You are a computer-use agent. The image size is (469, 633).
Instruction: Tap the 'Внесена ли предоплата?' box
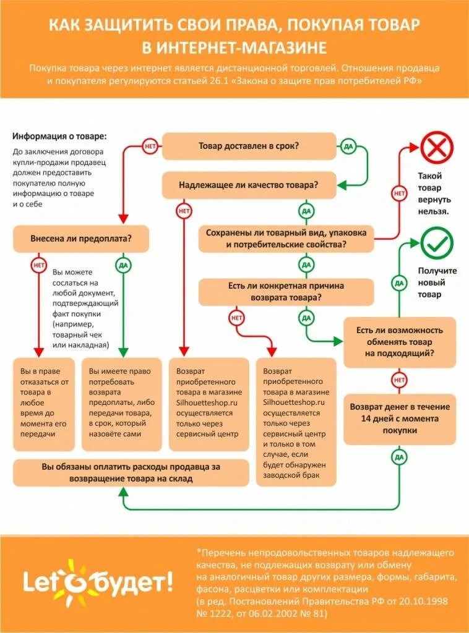click(x=81, y=239)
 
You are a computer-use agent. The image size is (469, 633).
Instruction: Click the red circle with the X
click(x=437, y=149)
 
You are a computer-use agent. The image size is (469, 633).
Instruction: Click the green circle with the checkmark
click(x=437, y=244)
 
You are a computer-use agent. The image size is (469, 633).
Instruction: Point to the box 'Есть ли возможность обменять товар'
click(x=400, y=342)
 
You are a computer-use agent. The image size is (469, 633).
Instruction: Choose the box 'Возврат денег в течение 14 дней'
click(x=400, y=418)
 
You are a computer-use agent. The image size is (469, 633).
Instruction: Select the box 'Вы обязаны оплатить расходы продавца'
click(x=131, y=472)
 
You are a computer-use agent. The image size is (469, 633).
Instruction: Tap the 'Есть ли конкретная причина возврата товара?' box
click(x=286, y=292)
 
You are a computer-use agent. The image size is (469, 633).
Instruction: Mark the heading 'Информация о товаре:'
click(x=59, y=136)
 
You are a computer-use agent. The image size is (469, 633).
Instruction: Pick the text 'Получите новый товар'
click(x=437, y=283)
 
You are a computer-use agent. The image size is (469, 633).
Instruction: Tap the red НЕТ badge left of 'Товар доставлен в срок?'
click(x=150, y=147)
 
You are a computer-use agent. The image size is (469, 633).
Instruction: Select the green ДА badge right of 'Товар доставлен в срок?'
click(x=348, y=147)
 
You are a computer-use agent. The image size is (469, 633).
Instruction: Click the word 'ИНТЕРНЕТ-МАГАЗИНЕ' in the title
click(x=242, y=48)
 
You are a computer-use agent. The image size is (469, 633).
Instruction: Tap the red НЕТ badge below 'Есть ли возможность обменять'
click(x=400, y=380)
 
